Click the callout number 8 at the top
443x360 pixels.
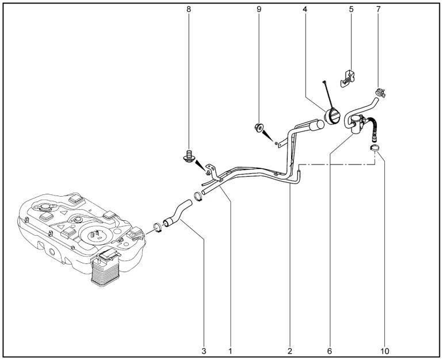point(189,9)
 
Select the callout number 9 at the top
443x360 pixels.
point(259,9)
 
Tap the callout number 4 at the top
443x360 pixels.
point(304,9)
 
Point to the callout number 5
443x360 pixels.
point(351,9)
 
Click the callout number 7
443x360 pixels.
point(379,9)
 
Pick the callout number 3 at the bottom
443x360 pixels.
point(204,351)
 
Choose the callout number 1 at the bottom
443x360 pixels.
point(230,351)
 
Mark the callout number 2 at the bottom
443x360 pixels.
point(290,351)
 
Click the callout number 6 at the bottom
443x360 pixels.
point(330,351)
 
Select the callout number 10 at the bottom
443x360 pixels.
point(384,351)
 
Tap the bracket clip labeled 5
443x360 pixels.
point(348,79)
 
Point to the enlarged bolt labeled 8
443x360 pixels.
point(188,156)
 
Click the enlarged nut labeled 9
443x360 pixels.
point(259,128)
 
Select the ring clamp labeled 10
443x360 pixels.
point(375,148)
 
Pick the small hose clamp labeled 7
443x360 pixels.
point(380,93)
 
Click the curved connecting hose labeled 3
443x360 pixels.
point(177,213)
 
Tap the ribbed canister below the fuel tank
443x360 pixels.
point(106,268)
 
